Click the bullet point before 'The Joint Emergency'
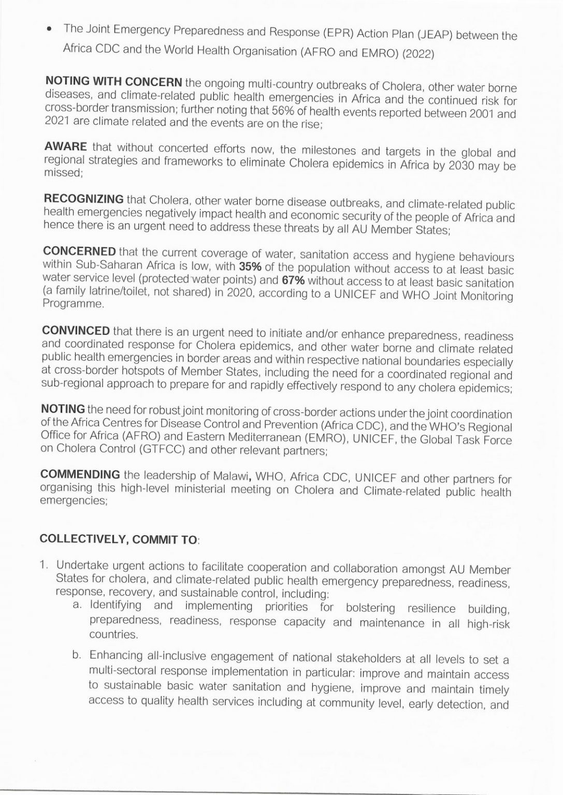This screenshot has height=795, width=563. (x=50, y=31)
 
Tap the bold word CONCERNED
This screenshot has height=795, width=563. (x=79, y=252)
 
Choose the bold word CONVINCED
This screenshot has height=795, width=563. (x=76, y=331)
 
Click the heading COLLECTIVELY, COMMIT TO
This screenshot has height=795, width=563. (x=119, y=539)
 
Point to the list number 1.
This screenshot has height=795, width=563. (x=44, y=564)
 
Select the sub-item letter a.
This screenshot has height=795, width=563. (x=77, y=605)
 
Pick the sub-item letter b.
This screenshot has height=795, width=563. (x=77, y=655)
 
